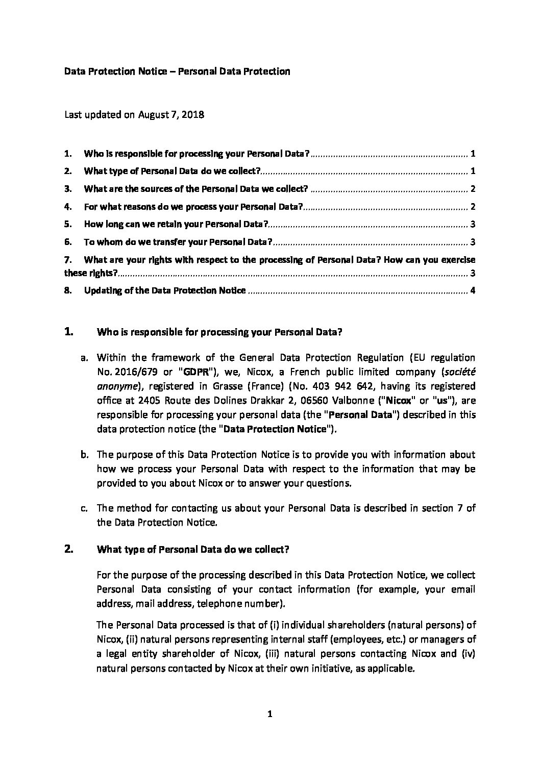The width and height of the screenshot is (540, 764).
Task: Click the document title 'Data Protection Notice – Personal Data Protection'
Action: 177,71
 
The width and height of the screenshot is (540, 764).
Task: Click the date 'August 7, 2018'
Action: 171,115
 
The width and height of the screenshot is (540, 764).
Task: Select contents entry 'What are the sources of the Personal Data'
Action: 195,189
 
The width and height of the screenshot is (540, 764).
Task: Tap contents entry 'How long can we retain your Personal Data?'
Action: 176,225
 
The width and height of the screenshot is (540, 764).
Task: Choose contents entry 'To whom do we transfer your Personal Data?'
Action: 178,242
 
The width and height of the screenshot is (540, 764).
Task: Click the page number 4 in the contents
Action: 473,291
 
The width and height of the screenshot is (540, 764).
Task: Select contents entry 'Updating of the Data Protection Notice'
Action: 165,291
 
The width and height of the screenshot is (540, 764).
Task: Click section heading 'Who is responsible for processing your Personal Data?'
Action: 219,333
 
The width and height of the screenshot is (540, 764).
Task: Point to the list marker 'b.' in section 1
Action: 85,455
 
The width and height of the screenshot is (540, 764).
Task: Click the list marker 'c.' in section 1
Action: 85,508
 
